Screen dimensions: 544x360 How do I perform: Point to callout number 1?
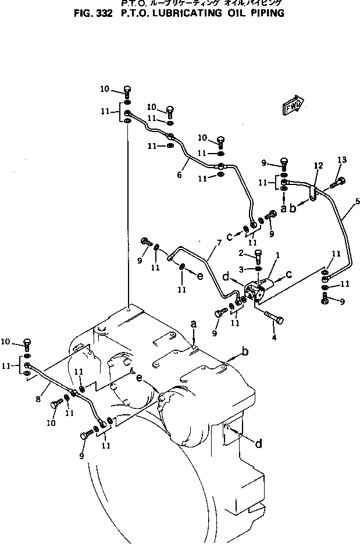pos(277,255)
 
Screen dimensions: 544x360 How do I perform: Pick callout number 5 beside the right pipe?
pos(357,201)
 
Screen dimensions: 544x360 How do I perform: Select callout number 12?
pos(318,166)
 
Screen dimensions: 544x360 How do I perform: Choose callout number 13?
pos(341,160)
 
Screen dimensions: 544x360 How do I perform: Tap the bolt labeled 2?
pos(259,255)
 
